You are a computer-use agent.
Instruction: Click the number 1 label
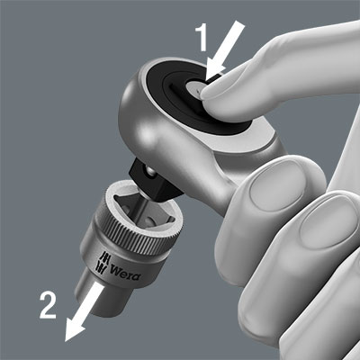202,38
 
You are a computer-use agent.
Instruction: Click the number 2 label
49,305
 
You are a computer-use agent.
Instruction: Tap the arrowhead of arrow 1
213,71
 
